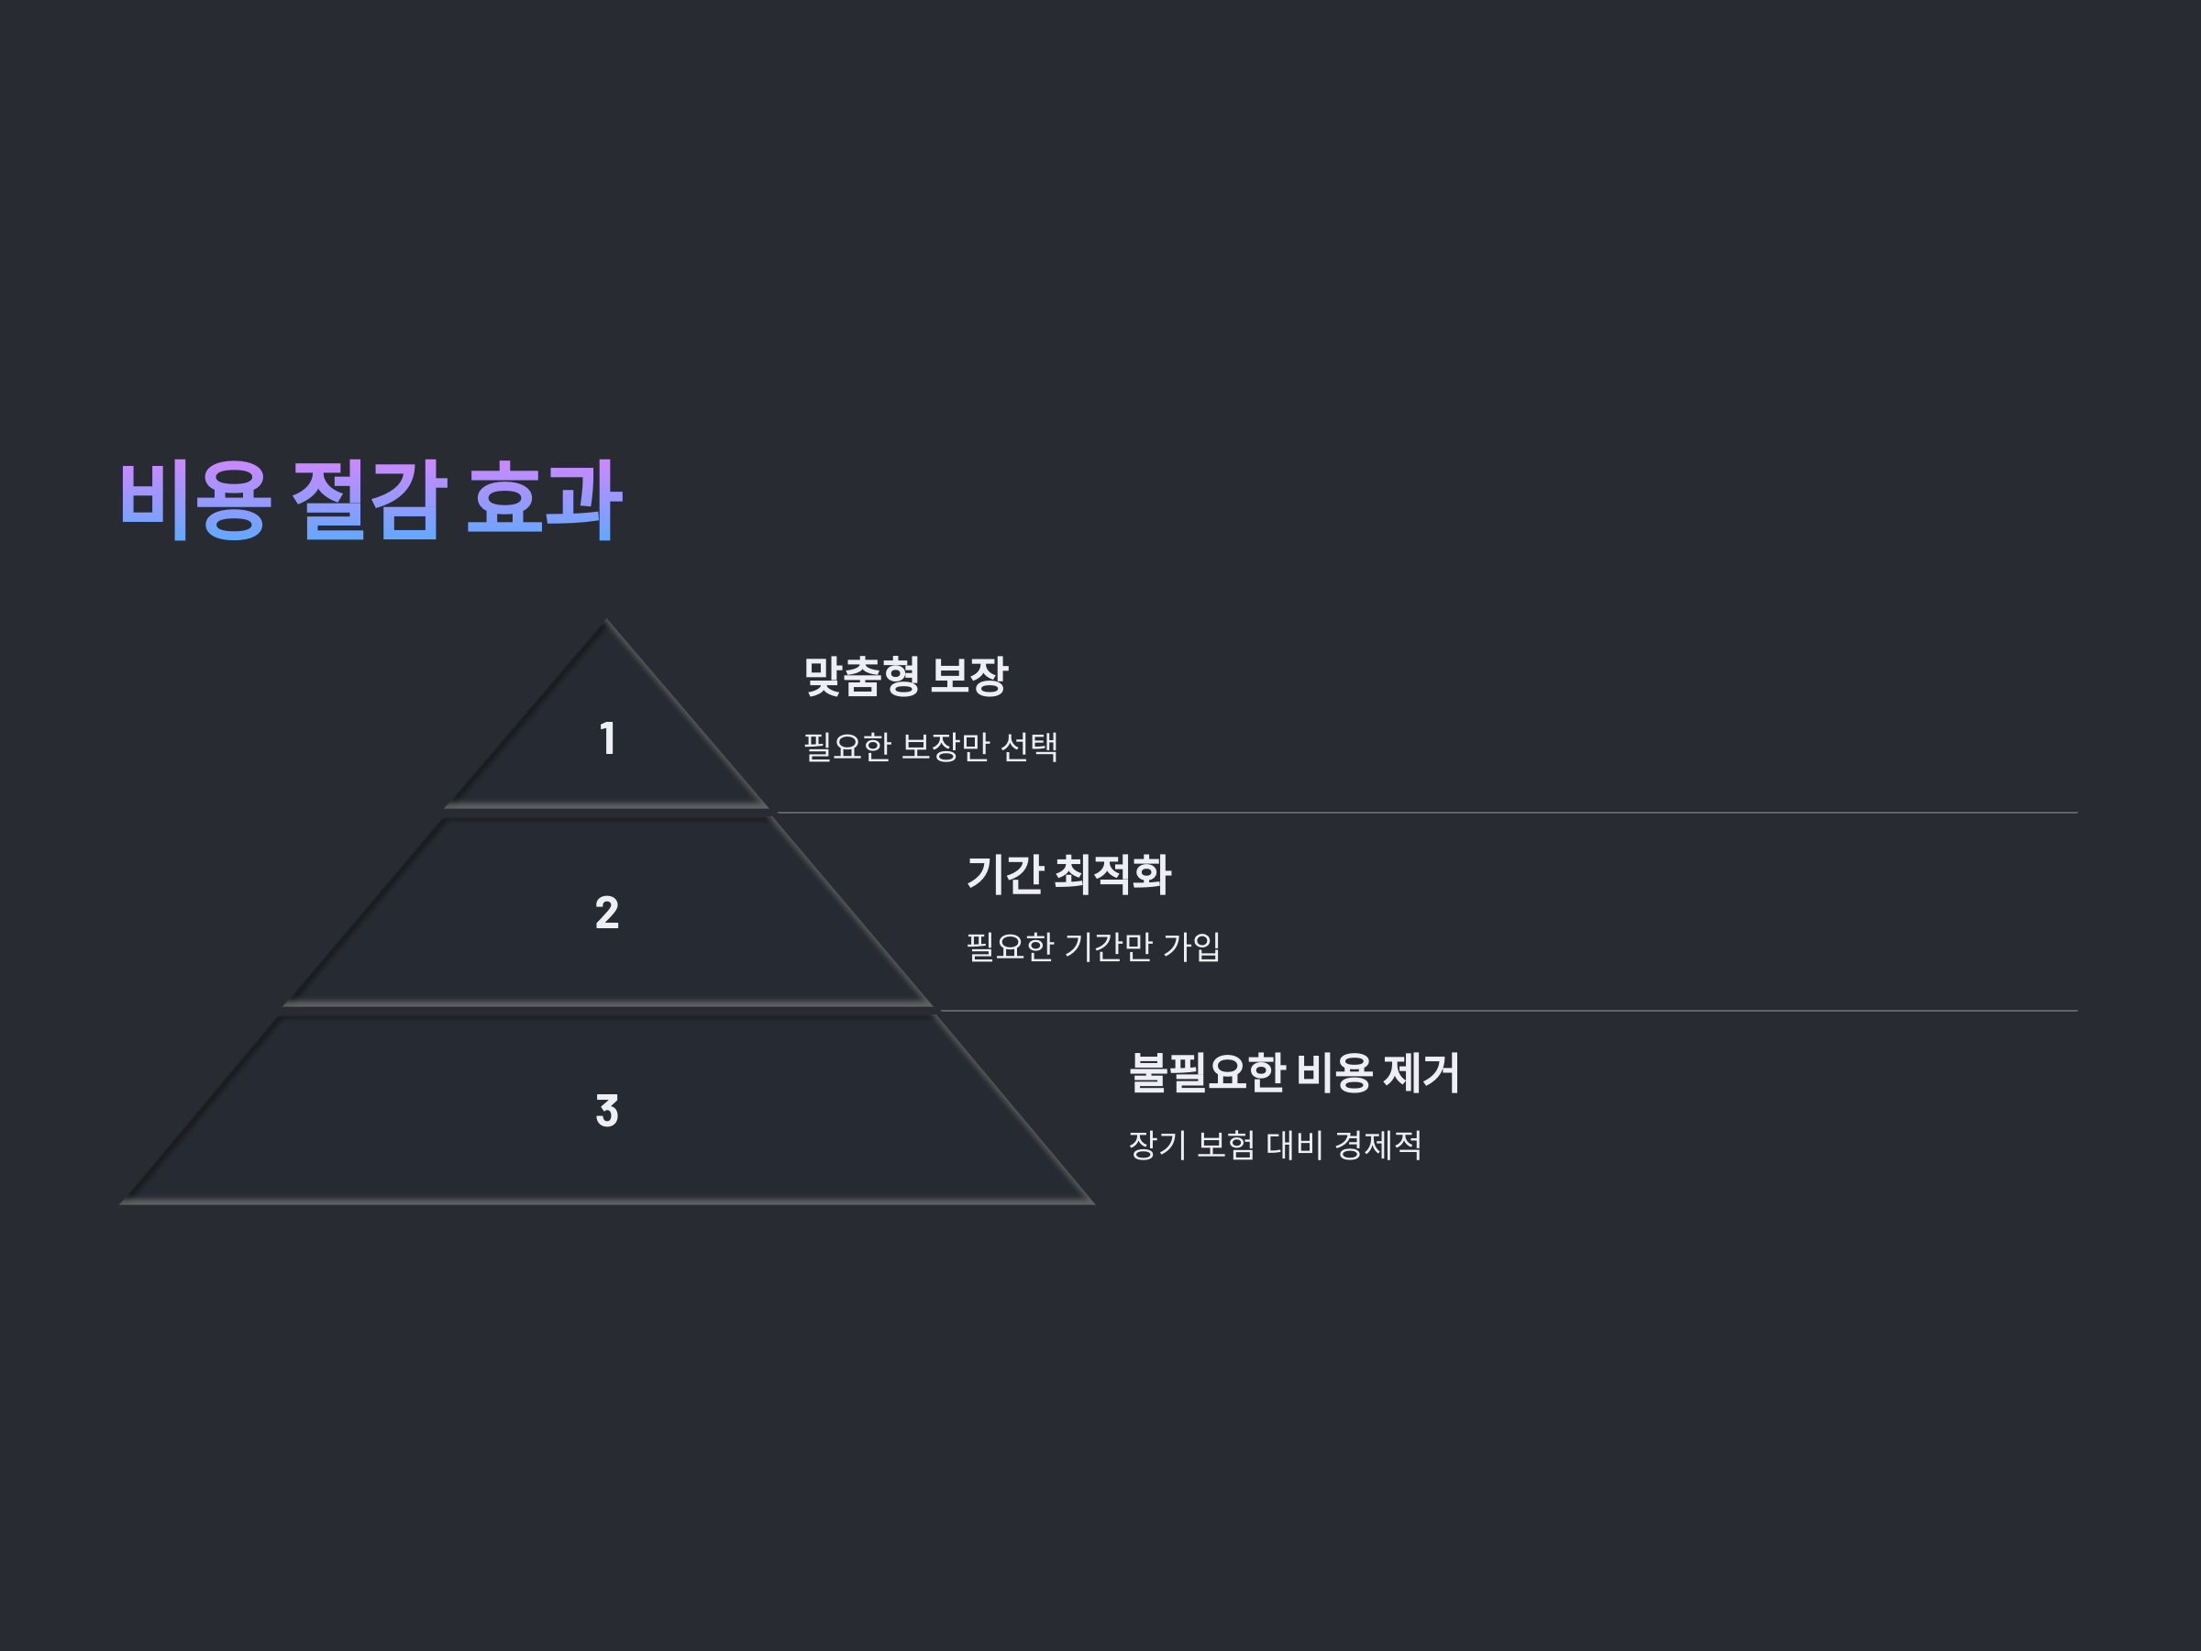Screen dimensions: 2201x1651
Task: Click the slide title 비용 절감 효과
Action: [371, 501]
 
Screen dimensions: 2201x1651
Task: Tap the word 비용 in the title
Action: [195, 501]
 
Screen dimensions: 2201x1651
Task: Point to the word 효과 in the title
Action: [544, 501]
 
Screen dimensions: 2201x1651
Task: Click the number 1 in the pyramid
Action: [607, 738]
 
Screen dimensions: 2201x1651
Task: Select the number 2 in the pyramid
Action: [607, 913]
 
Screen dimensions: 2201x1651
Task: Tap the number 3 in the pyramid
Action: [607, 1111]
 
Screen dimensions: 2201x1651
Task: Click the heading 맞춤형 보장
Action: [905, 677]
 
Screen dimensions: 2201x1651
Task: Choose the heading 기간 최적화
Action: [1068, 875]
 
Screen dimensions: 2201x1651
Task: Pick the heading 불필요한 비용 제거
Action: [1293, 1073]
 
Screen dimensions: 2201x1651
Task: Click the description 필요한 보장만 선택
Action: [930, 747]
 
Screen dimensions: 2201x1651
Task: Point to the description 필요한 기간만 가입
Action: [1092, 946]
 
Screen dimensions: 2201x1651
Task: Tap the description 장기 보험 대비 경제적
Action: [1275, 1145]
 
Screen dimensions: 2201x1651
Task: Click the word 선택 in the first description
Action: [1029, 747]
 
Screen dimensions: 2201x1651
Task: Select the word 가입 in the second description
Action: [1192, 946]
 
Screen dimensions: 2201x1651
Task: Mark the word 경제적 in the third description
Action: [1378, 1145]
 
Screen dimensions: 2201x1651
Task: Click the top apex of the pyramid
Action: [606, 623]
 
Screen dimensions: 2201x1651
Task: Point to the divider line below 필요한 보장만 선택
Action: [1423, 812]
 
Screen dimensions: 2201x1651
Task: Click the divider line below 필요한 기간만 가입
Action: [1502, 1010]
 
